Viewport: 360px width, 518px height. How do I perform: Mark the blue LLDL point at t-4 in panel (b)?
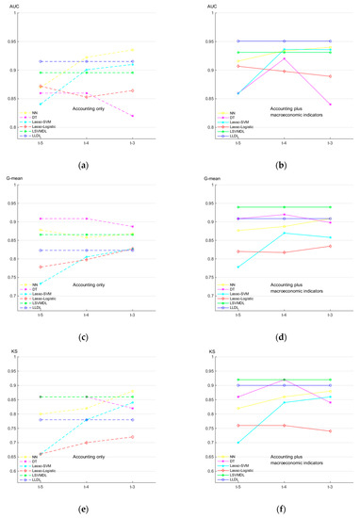[284, 41]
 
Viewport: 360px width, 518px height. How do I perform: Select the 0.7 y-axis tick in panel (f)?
[214, 442]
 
